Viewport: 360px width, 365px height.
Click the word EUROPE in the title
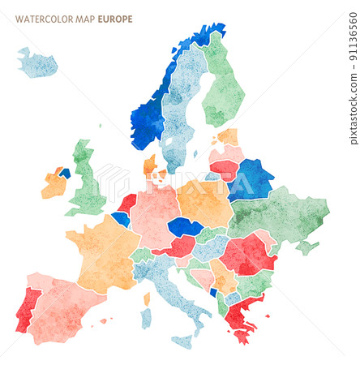(x=115, y=19)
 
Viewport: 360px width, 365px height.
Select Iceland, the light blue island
(x=37, y=64)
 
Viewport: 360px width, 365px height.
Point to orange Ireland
(x=54, y=185)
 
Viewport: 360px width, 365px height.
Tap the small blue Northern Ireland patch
(x=64, y=173)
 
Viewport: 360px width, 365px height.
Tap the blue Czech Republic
(x=185, y=226)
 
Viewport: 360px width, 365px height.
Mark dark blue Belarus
(x=251, y=179)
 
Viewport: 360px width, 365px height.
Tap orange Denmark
(x=151, y=166)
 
